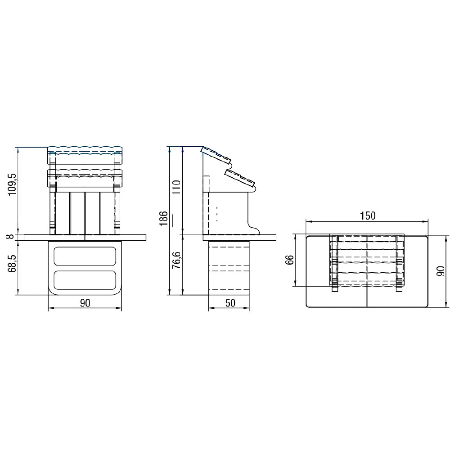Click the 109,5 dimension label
tap(13, 184)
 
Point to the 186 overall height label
tap(163, 218)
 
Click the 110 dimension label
tap(177, 187)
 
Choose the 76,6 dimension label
tap(176, 260)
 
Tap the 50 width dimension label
tap(230, 303)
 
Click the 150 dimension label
tap(368, 216)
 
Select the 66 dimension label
tap(290, 260)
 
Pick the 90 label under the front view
tap(85, 303)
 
